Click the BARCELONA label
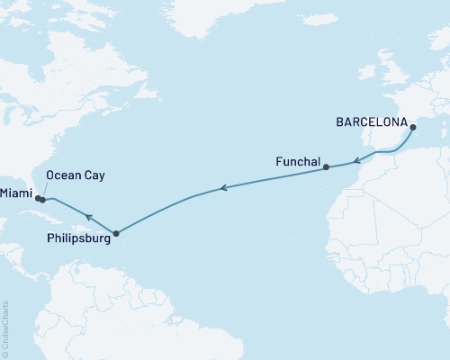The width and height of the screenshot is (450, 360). coord(370,119)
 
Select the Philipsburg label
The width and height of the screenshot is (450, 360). coord(76,239)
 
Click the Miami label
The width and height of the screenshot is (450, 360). coord(16,194)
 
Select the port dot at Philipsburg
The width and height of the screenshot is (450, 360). coord(115,234)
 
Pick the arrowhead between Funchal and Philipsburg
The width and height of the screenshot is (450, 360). coord(225,189)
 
